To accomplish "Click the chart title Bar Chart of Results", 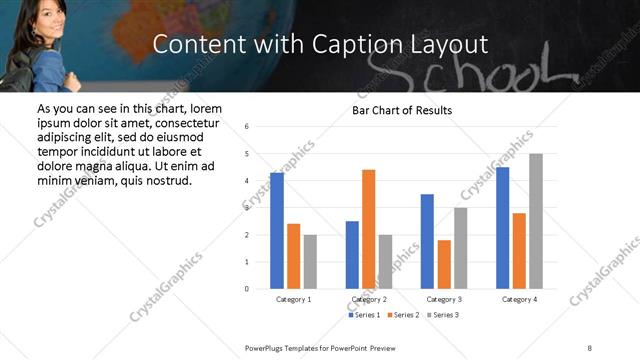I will [x=401, y=110].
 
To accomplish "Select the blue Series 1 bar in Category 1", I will [x=276, y=231].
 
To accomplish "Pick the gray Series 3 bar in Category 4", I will [x=536, y=221].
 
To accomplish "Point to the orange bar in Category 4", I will [x=519, y=251].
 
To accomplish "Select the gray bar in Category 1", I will [x=310, y=262].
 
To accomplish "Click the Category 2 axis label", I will [x=369, y=299].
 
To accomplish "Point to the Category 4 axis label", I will [x=519, y=299].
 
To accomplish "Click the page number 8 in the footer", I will [x=589, y=347].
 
